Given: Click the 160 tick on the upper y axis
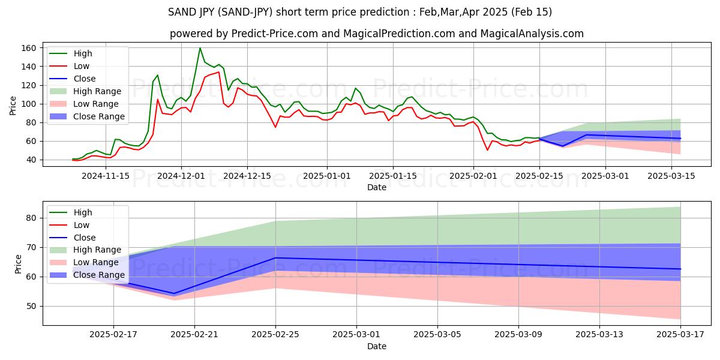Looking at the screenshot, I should [31, 48].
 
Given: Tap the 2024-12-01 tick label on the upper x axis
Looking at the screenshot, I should [181, 176].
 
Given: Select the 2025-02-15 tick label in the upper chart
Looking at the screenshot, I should [539, 176].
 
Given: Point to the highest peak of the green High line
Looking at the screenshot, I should [200, 48].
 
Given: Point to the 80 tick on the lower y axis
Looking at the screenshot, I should [31, 218].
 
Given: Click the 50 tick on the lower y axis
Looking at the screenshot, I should [31, 306].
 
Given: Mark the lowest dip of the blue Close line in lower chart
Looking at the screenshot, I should [174, 293].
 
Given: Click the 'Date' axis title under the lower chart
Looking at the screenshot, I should [376, 346].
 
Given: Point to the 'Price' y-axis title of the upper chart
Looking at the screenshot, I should [13, 106].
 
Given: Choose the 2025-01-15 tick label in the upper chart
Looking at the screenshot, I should [393, 176].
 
